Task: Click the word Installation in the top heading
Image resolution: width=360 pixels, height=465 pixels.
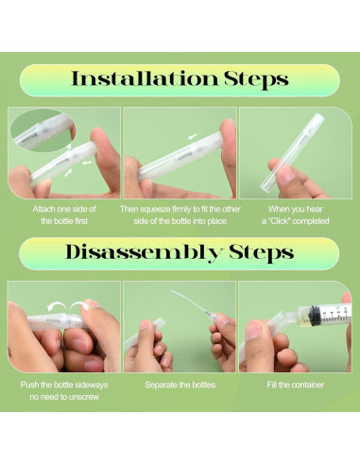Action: pos(145,78)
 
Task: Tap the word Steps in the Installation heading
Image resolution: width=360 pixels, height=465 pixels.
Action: pos(256,79)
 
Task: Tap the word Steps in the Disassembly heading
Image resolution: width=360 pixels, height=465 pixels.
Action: pos(261,253)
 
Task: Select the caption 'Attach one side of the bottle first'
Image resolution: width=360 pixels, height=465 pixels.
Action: pos(64,215)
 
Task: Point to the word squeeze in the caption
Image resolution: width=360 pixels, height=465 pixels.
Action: pos(155,210)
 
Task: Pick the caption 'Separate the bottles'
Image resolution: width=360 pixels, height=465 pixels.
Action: pos(180,385)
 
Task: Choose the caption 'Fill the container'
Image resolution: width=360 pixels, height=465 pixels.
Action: pos(296,385)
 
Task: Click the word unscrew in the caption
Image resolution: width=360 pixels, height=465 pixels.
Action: pos(83,397)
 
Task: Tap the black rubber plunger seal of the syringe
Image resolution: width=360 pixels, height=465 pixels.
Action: pos(314,315)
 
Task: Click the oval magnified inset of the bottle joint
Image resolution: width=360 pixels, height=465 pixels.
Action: pos(42,130)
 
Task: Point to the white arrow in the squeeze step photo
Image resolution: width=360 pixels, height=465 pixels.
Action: pos(193,136)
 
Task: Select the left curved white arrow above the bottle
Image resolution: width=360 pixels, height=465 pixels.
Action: pos(56,305)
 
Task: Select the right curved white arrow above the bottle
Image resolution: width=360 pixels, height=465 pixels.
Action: pos(79,304)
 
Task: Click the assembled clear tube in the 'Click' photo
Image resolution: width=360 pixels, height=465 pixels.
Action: pos(293,152)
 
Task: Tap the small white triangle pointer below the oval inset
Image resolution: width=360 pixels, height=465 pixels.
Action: pos(69,146)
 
